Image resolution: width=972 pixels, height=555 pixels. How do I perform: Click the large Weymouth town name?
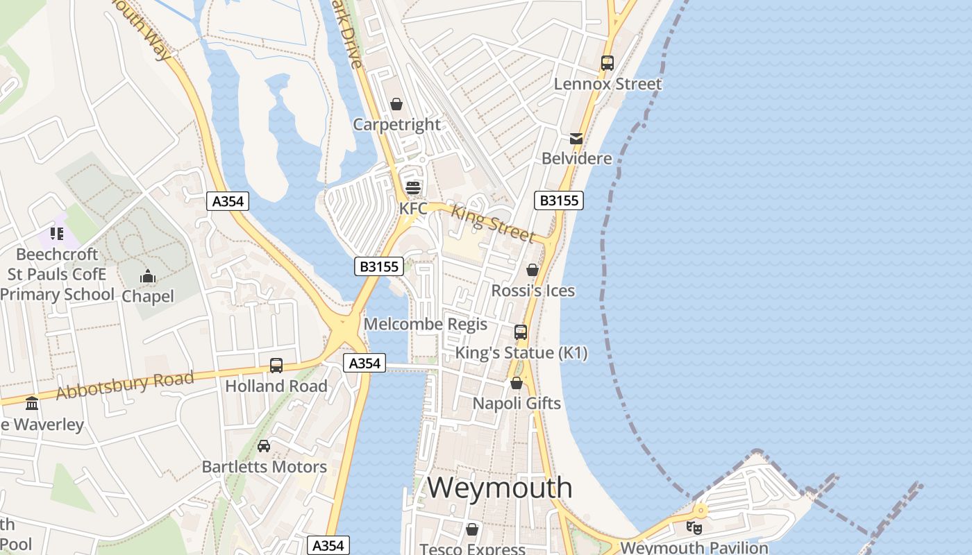[x=499, y=488]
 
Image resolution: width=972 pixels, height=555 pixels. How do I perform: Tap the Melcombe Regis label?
[x=426, y=324]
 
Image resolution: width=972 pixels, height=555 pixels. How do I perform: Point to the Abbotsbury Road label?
[x=125, y=386]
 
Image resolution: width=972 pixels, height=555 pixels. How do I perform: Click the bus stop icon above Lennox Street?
[x=607, y=63]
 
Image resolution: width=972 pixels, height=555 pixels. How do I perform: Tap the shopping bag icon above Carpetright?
[x=396, y=104]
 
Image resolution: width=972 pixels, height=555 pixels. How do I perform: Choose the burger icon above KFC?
[x=413, y=187]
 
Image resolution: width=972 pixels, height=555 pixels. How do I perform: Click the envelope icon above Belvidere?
[x=576, y=138]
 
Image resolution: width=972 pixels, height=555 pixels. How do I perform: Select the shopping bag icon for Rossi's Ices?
[x=533, y=270]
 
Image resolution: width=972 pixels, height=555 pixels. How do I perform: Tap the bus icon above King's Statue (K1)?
[x=521, y=332]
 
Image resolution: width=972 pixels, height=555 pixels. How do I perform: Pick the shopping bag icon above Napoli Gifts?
[x=517, y=383]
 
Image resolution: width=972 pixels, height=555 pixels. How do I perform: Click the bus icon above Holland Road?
[x=276, y=366]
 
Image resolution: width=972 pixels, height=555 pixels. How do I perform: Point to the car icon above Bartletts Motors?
[x=264, y=446]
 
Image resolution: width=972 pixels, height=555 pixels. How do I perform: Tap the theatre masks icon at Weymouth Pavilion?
[x=694, y=528]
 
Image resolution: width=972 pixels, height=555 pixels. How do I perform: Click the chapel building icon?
[x=147, y=277]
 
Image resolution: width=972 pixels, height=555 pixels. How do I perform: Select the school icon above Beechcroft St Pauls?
[x=57, y=234]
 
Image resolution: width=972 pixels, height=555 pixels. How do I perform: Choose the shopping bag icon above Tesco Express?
[x=472, y=530]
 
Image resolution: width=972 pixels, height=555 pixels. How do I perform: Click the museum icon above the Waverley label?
[x=32, y=404]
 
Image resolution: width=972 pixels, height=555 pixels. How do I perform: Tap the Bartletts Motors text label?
[x=264, y=467]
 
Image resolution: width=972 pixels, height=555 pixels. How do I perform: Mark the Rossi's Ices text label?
[x=533, y=291]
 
